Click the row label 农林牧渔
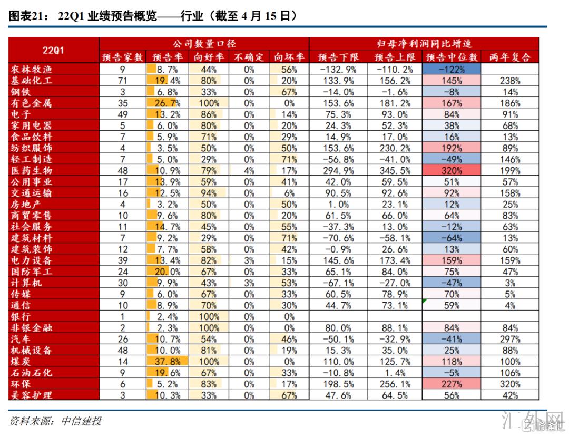pyautogui.click(x=32, y=69)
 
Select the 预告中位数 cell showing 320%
pyautogui.click(x=452, y=170)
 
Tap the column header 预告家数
pyautogui.click(x=122, y=57)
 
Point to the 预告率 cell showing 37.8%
pyautogui.click(x=168, y=361)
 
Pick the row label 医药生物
pyautogui.click(x=32, y=170)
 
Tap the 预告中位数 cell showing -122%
pyautogui.click(x=452, y=69)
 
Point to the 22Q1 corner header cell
pyautogui.click(x=53, y=50)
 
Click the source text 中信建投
pyautogui.click(x=81, y=421)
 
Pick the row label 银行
pyautogui.click(x=21, y=316)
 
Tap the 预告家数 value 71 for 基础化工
pyautogui.click(x=122, y=81)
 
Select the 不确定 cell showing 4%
pyautogui.click(x=249, y=170)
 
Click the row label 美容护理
pyautogui.click(x=32, y=395)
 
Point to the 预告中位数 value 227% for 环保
pyautogui.click(x=452, y=384)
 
